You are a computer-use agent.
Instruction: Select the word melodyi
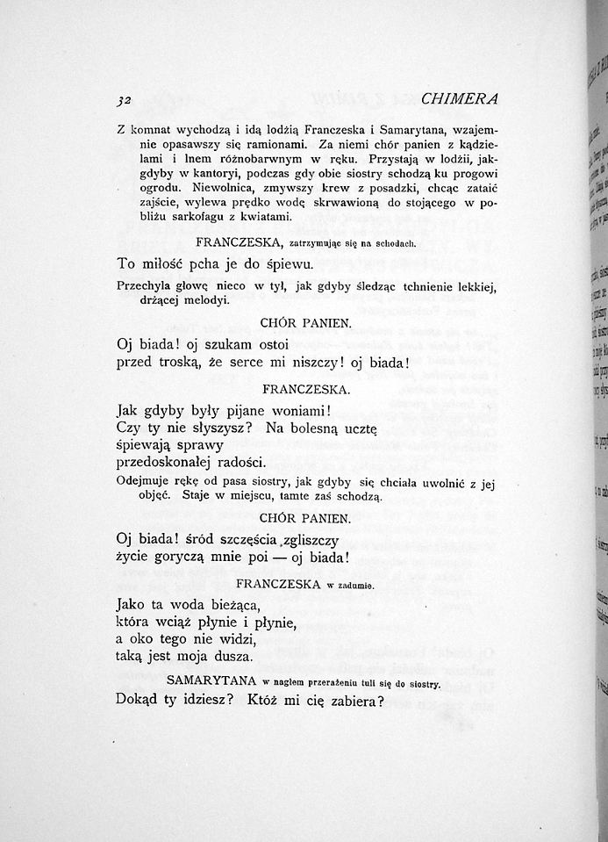tap(205, 300)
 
